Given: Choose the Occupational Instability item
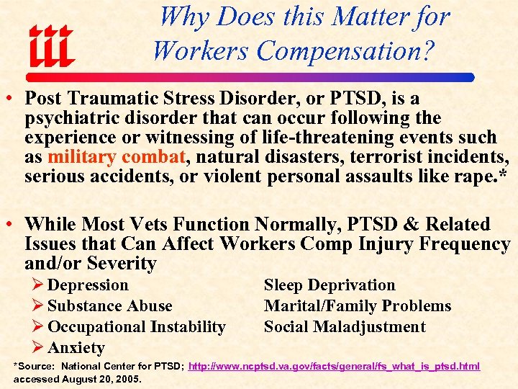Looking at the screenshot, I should tap(136, 327).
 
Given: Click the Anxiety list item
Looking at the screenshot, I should tap(76, 348).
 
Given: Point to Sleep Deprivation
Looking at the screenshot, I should tap(330, 285).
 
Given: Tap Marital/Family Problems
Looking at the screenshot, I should tap(358, 306).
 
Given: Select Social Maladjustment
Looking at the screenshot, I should tap(345, 327).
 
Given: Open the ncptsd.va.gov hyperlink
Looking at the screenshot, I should tap(334, 367).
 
